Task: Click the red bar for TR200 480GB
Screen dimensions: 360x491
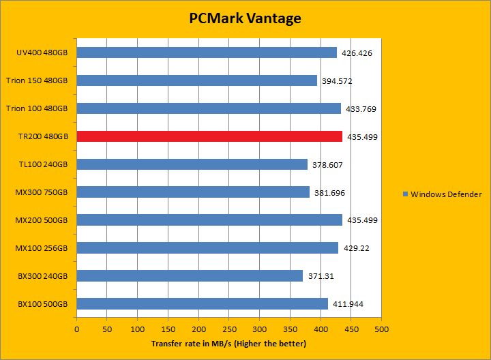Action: (209, 136)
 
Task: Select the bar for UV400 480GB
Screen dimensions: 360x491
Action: (207, 52)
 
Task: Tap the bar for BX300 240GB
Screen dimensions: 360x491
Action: (190, 275)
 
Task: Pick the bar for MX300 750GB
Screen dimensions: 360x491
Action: (193, 192)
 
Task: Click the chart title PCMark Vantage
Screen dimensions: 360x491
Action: (245, 18)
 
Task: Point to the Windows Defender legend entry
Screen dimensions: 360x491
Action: (441, 194)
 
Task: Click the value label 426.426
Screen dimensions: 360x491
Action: (357, 53)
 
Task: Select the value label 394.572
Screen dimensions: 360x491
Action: (338, 81)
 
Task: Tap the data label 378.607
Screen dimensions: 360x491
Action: (328, 165)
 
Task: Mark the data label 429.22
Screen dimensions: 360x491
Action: (355, 248)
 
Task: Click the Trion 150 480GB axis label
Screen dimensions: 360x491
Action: (37, 80)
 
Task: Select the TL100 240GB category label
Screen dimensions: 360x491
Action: (44, 164)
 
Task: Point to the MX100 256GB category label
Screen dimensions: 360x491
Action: (42, 248)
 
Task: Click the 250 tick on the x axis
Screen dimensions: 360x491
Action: (229, 329)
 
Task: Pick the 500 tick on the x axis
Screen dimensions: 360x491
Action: (381, 329)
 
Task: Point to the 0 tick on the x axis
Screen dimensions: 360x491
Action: (77, 329)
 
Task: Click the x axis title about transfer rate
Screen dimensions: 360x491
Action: (228, 343)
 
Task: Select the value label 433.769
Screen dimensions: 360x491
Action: (361, 109)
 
